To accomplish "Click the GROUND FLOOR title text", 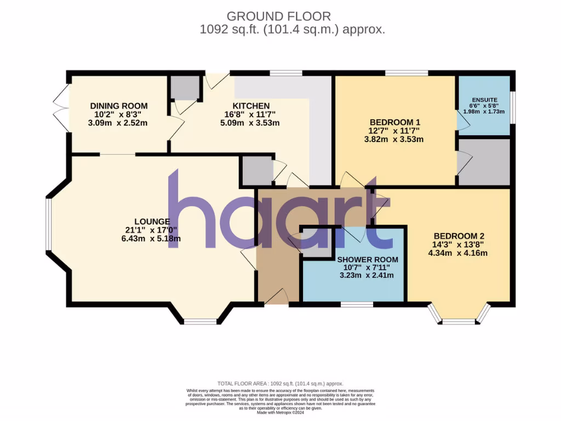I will click(278, 16).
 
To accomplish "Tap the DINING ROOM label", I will click(119, 106).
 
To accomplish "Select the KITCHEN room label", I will click(251, 106).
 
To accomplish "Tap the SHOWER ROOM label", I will click(367, 259).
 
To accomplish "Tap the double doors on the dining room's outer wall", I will click(62, 107).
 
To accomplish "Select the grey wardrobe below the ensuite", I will click(484, 162).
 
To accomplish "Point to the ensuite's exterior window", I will click(512, 105).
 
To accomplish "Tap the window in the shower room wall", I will click(357, 304).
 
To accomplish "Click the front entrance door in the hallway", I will click(277, 298).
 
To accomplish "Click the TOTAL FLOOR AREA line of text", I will click(280, 384).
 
